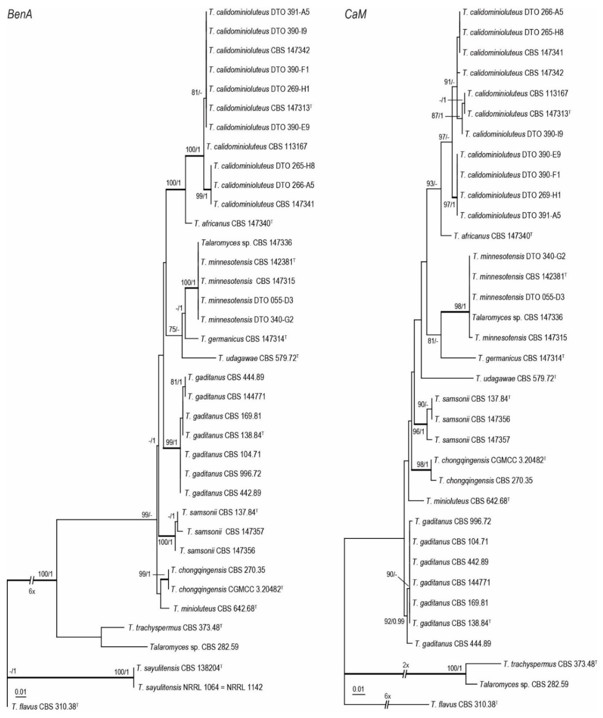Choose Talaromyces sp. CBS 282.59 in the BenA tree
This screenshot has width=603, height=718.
(194, 647)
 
